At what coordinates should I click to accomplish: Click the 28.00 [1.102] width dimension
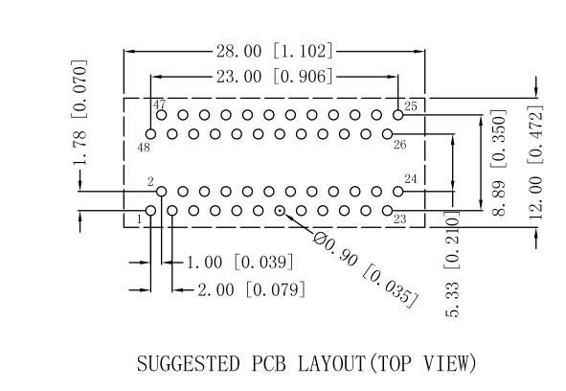click(x=274, y=51)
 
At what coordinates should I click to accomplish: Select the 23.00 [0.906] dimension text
click(x=274, y=77)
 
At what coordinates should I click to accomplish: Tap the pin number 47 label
click(x=159, y=104)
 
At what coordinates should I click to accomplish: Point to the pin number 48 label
click(x=144, y=148)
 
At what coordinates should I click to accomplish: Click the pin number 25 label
click(x=411, y=106)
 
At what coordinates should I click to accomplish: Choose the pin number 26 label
click(x=399, y=145)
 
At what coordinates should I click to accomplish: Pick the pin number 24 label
click(x=411, y=179)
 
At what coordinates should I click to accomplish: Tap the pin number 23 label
click(x=399, y=219)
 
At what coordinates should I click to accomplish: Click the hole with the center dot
click(x=280, y=210)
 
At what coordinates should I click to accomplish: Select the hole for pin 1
click(x=150, y=210)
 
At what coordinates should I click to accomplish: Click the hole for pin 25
click(x=397, y=115)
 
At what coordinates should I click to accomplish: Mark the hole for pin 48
click(x=150, y=134)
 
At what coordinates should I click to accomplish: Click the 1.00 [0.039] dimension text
click(x=239, y=262)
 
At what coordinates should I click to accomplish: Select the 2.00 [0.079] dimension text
click(x=251, y=289)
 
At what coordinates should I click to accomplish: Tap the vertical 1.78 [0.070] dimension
click(x=79, y=112)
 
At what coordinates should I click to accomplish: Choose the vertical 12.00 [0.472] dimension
click(x=536, y=162)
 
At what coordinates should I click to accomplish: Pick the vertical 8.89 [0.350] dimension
click(x=499, y=162)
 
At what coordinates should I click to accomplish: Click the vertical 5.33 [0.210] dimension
click(x=452, y=264)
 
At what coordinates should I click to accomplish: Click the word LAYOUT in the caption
click(x=331, y=363)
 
